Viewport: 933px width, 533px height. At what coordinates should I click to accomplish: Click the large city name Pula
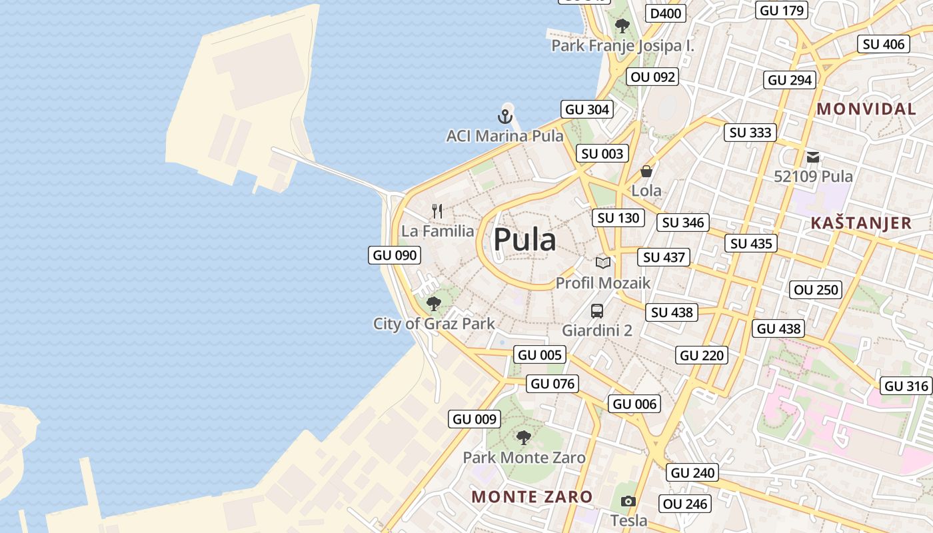(x=524, y=240)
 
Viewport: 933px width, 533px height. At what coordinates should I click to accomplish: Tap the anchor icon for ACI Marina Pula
(x=505, y=117)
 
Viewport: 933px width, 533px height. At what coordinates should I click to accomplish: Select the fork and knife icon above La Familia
(x=437, y=212)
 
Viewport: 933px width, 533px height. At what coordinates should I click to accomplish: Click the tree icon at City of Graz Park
(x=434, y=304)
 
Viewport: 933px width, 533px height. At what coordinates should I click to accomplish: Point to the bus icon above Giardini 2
(x=597, y=310)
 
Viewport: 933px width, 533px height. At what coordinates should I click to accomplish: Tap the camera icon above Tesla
(x=628, y=501)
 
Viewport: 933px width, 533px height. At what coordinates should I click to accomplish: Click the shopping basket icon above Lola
(x=646, y=171)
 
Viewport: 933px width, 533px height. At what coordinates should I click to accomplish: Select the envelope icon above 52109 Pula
(x=813, y=157)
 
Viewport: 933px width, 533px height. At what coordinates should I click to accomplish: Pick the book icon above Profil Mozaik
(x=603, y=263)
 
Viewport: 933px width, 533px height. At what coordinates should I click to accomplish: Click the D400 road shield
(x=666, y=13)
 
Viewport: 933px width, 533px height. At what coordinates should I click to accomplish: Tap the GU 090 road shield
(x=395, y=255)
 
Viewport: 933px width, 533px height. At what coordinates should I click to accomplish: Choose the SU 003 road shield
(x=602, y=154)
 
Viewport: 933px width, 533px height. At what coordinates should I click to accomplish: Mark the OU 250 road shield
(x=816, y=290)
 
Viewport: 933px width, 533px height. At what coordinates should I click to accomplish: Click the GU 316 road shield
(x=906, y=386)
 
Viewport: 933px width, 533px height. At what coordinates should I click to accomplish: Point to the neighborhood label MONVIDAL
(x=866, y=109)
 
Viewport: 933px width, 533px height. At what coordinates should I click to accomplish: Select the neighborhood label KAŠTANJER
(x=861, y=223)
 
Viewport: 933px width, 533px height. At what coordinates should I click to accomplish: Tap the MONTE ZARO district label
(x=532, y=496)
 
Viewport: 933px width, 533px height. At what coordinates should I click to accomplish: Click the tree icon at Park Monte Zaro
(x=524, y=438)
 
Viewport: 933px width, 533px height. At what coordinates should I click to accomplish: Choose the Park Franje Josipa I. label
(x=622, y=46)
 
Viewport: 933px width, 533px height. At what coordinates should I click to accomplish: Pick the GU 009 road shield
(x=474, y=419)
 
